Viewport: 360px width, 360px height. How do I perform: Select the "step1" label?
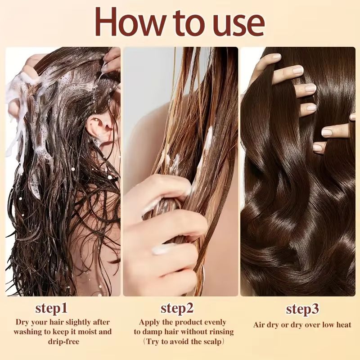(51, 309)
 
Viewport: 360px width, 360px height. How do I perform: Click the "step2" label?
(177, 309)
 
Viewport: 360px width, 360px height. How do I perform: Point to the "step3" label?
(302, 310)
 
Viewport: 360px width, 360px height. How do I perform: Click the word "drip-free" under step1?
(63, 342)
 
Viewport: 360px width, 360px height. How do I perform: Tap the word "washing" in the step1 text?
(29, 332)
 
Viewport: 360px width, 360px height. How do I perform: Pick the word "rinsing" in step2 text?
(220, 332)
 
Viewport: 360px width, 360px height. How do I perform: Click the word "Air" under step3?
(259, 325)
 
